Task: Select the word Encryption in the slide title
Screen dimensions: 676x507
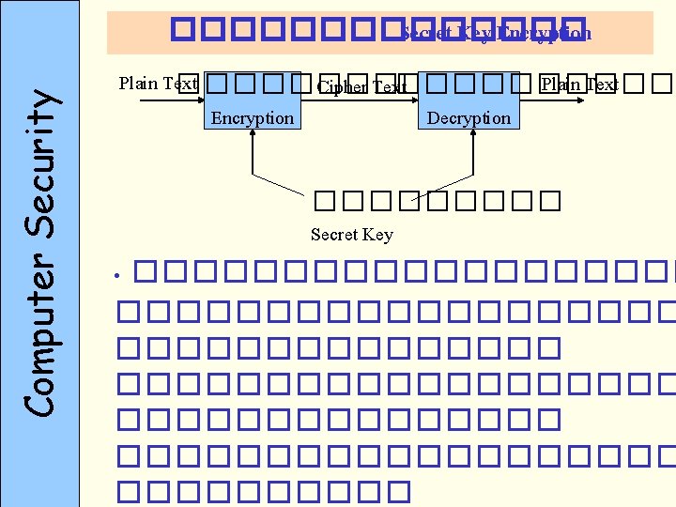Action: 545,34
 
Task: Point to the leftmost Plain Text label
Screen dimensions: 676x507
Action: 158,83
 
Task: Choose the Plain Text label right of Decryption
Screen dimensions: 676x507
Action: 579,84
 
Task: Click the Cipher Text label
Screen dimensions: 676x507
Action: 361,87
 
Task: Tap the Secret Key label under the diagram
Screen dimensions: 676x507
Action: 351,235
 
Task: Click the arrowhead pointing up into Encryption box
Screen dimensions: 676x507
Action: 252,133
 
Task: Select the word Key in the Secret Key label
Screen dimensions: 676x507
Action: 378,235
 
